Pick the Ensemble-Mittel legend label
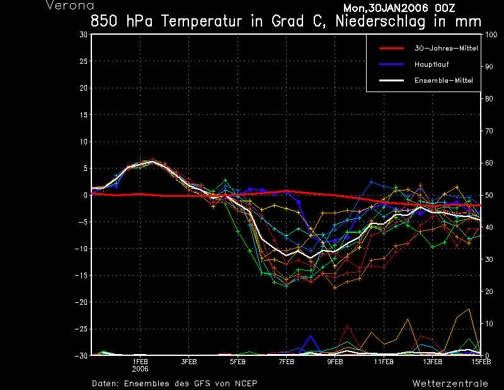pyautogui.click(x=443, y=81)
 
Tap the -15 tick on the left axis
pyautogui.click(x=81, y=276)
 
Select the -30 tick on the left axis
pyautogui.click(x=81, y=356)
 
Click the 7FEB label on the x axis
pyautogui.click(x=286, y=362)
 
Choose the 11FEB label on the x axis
pyautogui.click(x=383, y=362)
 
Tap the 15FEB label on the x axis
pyautogui.click(x=481, y=362)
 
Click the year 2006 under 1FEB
pyautogui.click(x=140, y=369)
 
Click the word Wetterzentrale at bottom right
pyautogui.click(x=450, y=383)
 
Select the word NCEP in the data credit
pyautogui.click(x=246, y=383)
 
